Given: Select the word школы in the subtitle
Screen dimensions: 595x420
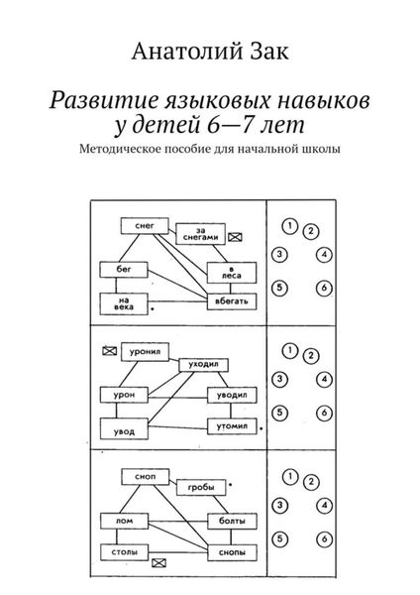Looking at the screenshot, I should (x=319, y=150).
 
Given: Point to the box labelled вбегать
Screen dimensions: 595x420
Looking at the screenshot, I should (x=232, y=298).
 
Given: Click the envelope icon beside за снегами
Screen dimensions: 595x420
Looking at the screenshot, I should (x=237, y=236).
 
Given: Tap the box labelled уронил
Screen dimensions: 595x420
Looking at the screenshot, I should (x=141, y=350).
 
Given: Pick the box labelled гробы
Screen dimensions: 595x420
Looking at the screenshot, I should (x=199, y=485).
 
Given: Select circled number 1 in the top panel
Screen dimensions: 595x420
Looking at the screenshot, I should (x=288, y=225).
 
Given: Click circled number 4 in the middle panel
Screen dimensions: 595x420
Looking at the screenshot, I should (x=325, y=379).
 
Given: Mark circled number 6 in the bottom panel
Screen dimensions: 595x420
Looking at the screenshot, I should (x=325, y=538).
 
